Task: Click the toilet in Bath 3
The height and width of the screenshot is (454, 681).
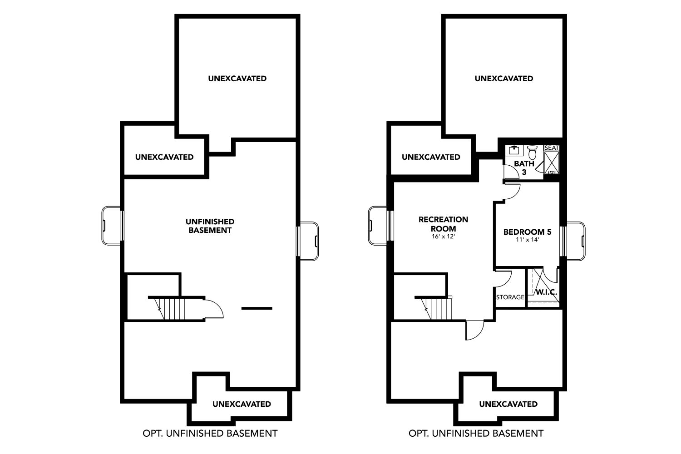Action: point(532,152)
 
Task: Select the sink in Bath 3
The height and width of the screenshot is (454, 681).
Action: point(514,151)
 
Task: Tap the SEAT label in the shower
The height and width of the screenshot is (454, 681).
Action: point(552,148)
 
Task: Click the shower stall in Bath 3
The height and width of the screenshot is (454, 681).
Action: point(552,163)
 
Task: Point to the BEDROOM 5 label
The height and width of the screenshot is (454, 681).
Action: point(527,232)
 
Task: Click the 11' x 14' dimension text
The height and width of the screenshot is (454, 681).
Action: point(527,240)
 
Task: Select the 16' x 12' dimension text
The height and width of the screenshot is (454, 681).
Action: point(443,236)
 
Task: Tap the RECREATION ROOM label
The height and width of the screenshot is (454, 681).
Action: point(443,224)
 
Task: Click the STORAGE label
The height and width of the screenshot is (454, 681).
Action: point(510,297)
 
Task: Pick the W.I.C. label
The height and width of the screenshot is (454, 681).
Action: point(546,292)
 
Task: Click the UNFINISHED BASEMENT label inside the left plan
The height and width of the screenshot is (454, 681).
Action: point(210,226)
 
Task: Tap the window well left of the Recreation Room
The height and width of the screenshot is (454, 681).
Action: point(377,225)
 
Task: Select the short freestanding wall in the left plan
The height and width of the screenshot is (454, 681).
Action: point(257,308)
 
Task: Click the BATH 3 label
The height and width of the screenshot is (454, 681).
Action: point(524,168)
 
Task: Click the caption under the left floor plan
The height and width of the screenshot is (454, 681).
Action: point(210,433)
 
